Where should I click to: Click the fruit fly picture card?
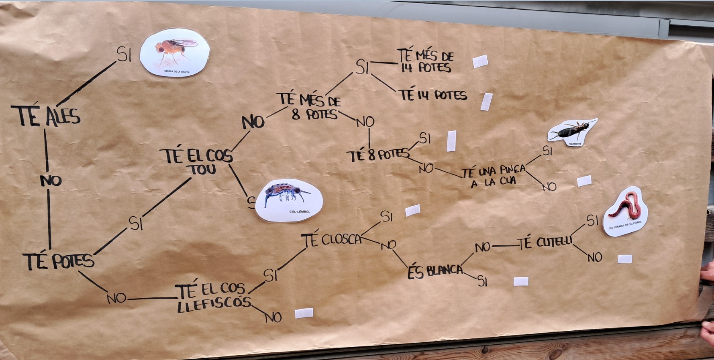pyautogui.click(x=175, y=53)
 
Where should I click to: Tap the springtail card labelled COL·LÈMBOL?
pyautogui.click(x=289, y=200)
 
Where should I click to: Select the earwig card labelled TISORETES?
pyautogui.click(x=572, y=132)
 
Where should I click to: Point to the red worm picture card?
pyautogui.click(x=625, y=211)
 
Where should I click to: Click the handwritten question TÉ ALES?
pyautogui.click(x=45, y=116)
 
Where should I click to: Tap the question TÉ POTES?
pyautogui.click(x=59, y=261)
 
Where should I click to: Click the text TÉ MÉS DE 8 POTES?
pyautogui.click(x=310, y=106)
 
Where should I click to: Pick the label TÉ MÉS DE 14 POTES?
pyautogui.click(x=426, y=61)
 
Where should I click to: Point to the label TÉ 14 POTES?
pyautogui.click(x=433, y=95)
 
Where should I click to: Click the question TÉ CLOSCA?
pyautogui.click(x=332, y=240)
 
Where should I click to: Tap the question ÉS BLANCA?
pyautogui.click(x=435, y=271)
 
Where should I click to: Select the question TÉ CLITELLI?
pyautogui.click(x=545, y=243)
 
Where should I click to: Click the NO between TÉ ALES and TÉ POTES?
pyautogui.click(x=51, y=181)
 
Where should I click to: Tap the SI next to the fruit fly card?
pyautogui.click(x=124, y=54)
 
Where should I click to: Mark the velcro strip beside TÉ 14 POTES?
pyautogui.click(x=486, y=101)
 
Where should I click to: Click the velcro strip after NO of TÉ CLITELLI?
pyautogui.click(x=624, y=259)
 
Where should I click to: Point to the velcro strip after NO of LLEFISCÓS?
pyautogui.click(x=304, y=313)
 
